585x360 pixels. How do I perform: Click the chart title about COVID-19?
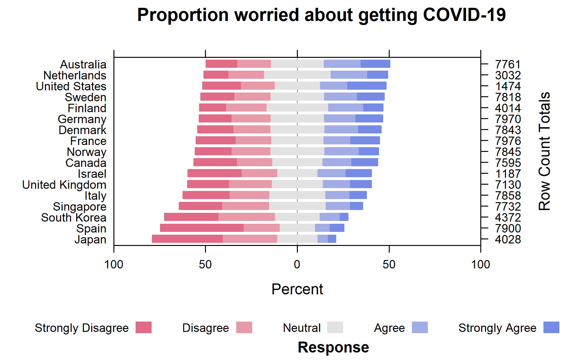321,15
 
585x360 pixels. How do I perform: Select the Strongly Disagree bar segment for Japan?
187,239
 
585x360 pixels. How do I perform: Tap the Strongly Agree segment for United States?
367,86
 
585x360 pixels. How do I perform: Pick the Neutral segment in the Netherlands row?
297,75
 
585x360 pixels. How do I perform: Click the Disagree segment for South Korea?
247,217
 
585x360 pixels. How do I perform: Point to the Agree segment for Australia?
342,64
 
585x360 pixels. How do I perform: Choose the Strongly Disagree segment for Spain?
202,228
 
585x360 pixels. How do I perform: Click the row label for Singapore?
79,207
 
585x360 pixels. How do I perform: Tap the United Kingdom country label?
64,185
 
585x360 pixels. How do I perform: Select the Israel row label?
92,174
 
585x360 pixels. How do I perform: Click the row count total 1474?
508,86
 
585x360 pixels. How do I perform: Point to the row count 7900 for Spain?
508,228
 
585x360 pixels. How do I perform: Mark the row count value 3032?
508,75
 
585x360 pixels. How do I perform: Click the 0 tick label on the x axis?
297,265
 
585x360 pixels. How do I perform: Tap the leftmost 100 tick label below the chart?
114,265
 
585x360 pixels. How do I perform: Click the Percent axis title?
297,289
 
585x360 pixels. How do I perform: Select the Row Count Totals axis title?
544,151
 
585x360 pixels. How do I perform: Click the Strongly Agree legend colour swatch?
551,327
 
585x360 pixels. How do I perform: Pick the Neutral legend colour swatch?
335,327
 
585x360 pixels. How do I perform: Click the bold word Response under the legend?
333,347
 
